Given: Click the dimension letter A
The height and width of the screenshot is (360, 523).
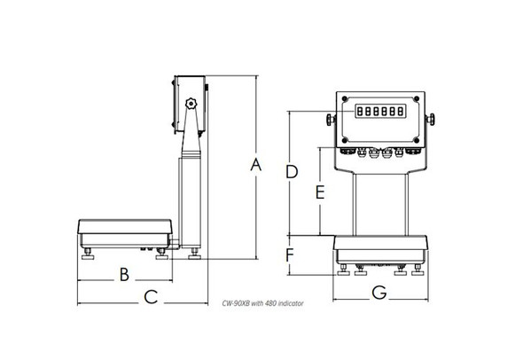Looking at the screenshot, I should point(257,165).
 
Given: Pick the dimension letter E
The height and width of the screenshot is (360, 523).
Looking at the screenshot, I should point(320,192).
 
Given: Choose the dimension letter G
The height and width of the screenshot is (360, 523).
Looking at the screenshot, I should point(379,293).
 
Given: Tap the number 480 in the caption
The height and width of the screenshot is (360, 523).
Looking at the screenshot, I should point(270,303).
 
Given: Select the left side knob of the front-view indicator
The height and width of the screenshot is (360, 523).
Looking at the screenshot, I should point(329,119).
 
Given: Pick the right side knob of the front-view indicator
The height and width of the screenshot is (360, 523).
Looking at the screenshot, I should point(433,119).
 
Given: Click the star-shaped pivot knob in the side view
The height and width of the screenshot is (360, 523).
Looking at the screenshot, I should point(190,106).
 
